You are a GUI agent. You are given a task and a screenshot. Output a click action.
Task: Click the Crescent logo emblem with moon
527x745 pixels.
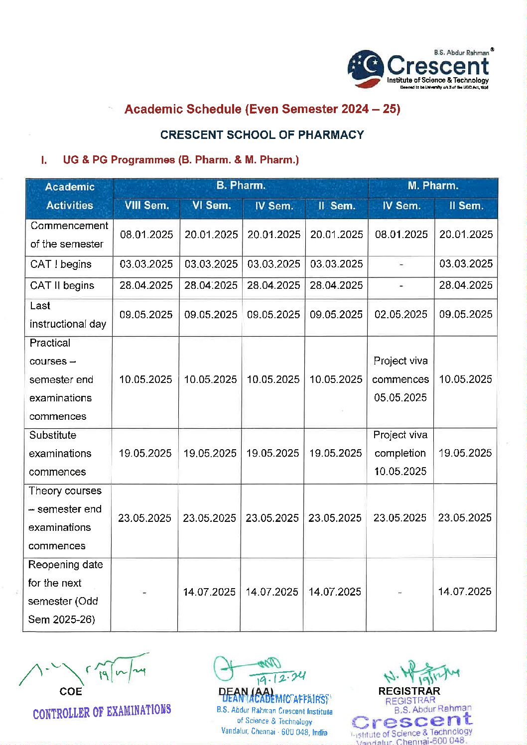click(365, 69)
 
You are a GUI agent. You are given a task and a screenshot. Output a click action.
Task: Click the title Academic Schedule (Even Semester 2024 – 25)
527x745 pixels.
click(262, 109)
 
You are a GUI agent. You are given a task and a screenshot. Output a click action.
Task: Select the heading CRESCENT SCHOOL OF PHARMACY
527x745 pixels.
click(262, 135)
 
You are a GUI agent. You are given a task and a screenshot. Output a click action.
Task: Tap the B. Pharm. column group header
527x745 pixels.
click(241, 186)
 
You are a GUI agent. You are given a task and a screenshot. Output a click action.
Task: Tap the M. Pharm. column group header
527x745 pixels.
click(432, 186)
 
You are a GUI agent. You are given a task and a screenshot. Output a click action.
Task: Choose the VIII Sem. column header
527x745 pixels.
click(146, 206)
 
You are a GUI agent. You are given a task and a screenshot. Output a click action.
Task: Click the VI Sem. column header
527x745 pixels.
click(211, 206)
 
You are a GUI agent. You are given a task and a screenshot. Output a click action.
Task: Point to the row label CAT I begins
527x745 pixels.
click(61, 264)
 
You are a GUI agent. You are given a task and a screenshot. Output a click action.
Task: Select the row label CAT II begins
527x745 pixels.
click(62, 286)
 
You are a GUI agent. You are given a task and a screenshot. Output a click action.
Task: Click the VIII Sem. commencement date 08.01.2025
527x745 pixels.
click(146, 235)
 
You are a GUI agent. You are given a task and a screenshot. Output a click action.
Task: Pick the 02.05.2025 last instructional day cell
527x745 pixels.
click(401, 315)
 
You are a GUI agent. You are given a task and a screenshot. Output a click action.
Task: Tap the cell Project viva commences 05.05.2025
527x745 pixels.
click(400, 379)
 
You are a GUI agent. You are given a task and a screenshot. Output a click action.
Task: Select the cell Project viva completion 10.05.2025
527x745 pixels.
click(400, 453)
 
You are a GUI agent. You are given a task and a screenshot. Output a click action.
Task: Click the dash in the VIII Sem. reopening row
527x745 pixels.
click(144, 593)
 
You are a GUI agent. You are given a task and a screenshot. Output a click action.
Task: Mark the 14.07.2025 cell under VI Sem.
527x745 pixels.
click(209, 592)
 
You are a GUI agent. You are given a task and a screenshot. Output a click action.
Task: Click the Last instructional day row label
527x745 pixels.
click(68, 315)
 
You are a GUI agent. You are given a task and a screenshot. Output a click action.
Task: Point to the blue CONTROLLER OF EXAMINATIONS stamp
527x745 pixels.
click(102, 712)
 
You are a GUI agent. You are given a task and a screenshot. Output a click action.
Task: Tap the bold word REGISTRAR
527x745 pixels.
click(409, 691)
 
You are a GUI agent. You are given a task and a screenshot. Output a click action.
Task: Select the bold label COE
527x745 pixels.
click(71, 692)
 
